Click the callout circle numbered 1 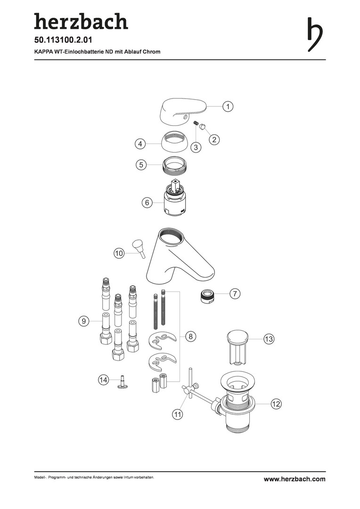(228, 107)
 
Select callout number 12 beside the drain (276, 404)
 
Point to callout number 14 (103, 379)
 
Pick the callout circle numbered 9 (83, 321)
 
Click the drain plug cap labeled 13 (237, 338)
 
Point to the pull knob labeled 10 (139, 246)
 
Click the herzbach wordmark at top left (81, 22)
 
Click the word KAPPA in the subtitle (43, 51)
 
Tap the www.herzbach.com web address (294, 479)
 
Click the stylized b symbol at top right (314, 34)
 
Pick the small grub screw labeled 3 (196, 124)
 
